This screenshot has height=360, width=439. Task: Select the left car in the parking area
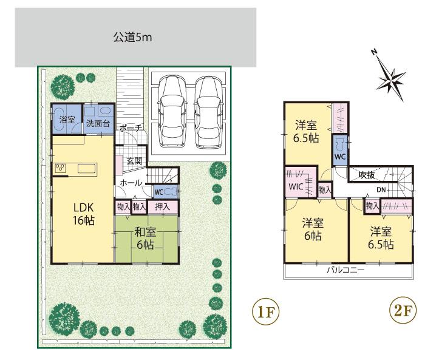(173, 112)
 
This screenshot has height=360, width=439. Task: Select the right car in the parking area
(208, 112)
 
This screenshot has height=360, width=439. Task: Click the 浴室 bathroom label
(67, 120)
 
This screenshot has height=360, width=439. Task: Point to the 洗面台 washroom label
(98, 123)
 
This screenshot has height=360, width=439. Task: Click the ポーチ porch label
(131, 128)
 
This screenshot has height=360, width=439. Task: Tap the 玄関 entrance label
(134, 161)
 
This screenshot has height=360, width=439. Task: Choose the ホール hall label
(131, 183)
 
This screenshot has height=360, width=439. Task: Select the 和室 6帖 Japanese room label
(145, 238)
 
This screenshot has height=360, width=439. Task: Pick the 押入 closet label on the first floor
(162, 207)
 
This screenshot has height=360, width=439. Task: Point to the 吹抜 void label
(367, 175)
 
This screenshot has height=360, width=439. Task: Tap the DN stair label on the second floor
(381, 190)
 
